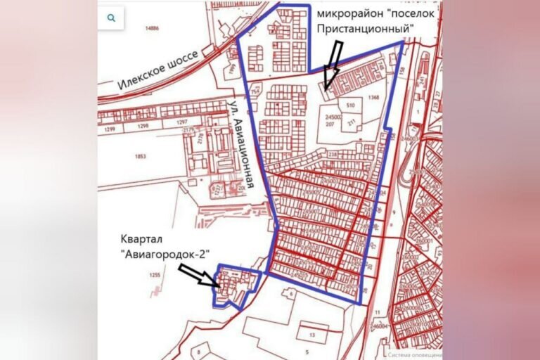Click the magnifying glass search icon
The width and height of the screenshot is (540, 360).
111,19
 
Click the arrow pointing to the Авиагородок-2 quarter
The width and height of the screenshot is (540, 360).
200,274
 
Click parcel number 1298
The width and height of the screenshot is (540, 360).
143,125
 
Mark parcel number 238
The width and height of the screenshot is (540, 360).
333,155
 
